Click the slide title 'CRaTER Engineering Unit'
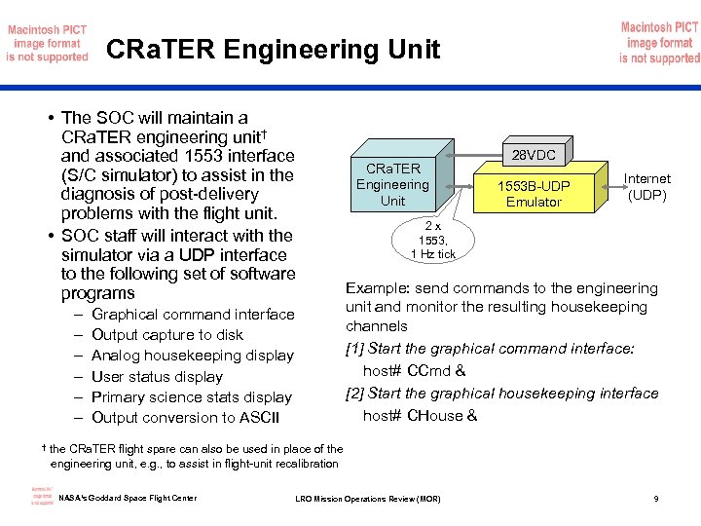tap(273, 49)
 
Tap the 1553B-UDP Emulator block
tap(534, 194)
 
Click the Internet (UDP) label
tap(646, 186)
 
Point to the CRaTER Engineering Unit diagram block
tap(392, 184)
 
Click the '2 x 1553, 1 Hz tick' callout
tap(433, 240)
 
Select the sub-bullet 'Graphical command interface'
tap(192, 314)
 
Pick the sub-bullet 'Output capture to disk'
tap(166, 335)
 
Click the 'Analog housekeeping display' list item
tap(192, 356)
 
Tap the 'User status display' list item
tap(156, 377)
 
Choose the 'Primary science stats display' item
tap(191, 397)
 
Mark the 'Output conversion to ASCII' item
tap(185, 418)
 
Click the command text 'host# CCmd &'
tap(414, 370)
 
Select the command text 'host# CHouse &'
tap(420, 415)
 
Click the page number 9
tap(656, 500)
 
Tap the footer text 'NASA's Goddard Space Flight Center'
tap(128, 499)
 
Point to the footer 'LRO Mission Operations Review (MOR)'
tap(368, 500)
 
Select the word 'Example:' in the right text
tap(377, 288)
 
